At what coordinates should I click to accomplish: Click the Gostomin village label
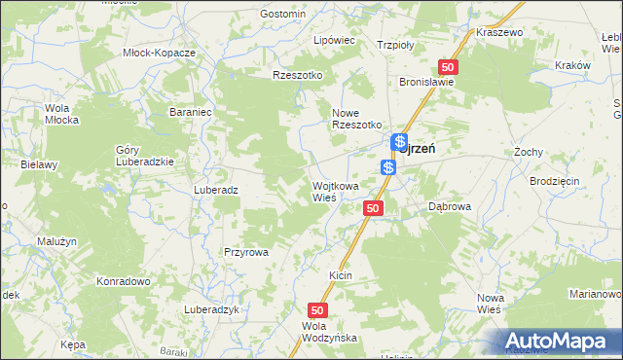coord(283,15)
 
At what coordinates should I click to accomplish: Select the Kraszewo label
coord(499,32)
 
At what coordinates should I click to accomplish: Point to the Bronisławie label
coord(426,83)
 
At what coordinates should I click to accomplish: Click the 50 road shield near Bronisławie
coord(448,66)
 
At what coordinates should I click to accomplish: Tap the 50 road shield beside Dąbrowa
coord(374,208)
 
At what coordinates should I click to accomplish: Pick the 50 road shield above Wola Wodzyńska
coord(323,308)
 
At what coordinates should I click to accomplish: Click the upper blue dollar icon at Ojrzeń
coord(399,143)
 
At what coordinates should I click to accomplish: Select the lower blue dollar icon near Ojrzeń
coord(388,167)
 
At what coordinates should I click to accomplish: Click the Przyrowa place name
coord(245,251)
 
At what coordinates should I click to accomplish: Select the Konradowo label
coord(122,281)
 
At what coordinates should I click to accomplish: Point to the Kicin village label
coord(340,276)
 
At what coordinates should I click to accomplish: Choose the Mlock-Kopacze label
coord(160,52)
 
